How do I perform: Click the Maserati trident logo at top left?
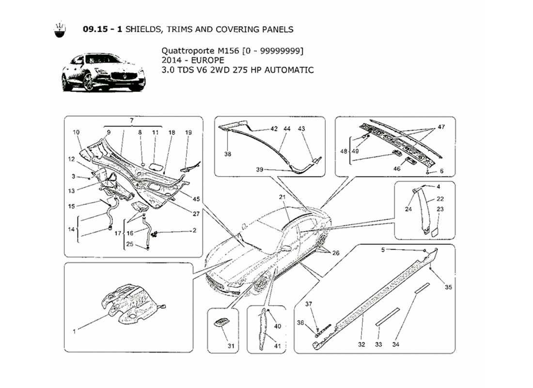[59, 30]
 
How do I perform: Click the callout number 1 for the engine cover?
[74, 332]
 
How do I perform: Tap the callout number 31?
[231, 346]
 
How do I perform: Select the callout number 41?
[278, 346]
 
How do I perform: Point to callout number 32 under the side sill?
[361, 344]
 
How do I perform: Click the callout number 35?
[448, 287]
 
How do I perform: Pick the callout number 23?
[440, 210]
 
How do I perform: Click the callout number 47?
[441, 127]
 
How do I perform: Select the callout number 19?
[188, 132]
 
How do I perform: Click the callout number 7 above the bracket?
[131, 120]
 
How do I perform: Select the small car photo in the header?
[103, 73]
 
